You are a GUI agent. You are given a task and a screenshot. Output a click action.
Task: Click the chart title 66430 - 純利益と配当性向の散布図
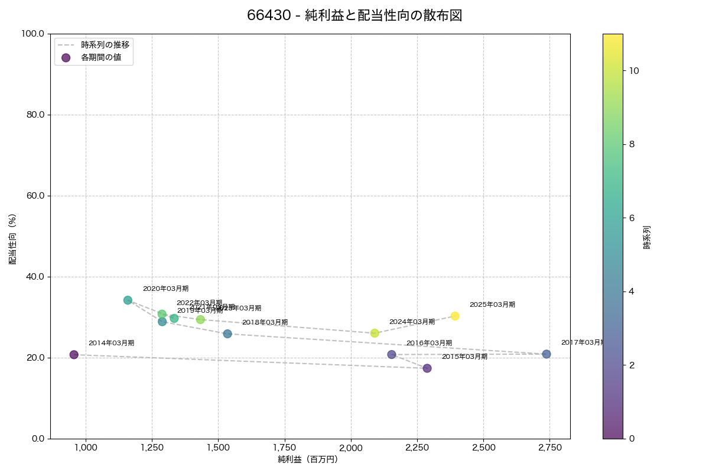pyautogui.click(x=354, y=16)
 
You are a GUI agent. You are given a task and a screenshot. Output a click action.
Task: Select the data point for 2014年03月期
pyautogui.click(x=74, y=355)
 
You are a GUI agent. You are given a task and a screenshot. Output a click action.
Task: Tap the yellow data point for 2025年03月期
pyautogui.click(x=455, y=316)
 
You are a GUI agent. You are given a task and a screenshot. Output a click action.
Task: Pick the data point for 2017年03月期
pyautogui.click(x=547, y=354)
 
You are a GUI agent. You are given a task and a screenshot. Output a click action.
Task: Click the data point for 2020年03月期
pyautogui.click(x=128, y=300)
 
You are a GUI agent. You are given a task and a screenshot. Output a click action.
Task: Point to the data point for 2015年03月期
pyautogui.click(x=427, y=368)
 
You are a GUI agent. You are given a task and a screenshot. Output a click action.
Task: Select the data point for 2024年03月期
pyautogui.click(x=375, y=333)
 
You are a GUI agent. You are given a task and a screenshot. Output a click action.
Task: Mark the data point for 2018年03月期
pyautogui.click(x=227, y=334)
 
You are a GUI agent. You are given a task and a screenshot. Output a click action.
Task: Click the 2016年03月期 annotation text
pyautogui.click(x=429, y=344)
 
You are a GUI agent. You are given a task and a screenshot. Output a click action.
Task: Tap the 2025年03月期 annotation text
pyautogui.click(x=492, y=305)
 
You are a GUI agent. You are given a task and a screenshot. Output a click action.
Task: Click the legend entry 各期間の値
pyautogui.click(x=101, y=57)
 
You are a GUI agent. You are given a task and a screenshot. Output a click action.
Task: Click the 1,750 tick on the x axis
pyautogui.click(x=284, y=448)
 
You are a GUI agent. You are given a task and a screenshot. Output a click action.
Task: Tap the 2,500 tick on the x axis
pyautogui.click(x=483, y=448)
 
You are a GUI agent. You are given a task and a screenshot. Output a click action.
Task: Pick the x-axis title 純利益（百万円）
pyautogui.click(x=308, y=459)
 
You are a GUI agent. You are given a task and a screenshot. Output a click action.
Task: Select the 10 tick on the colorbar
pyautogui.click(x=634, y=70)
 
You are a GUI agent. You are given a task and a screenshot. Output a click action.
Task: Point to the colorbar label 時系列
pyautogui.click(x=647, y=237)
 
